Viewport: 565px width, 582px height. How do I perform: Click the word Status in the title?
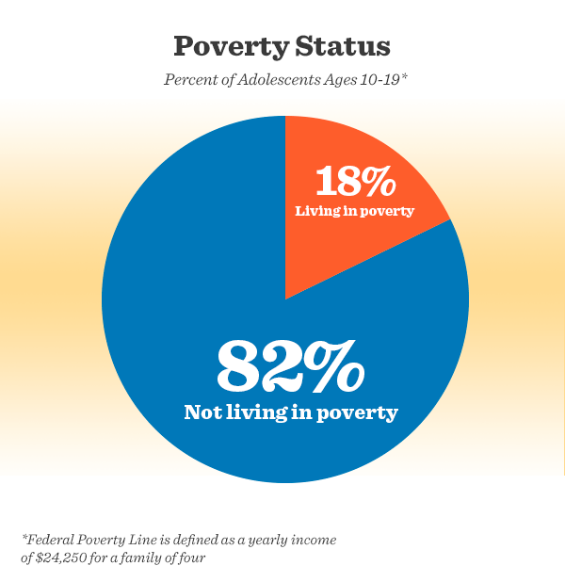[342, 46]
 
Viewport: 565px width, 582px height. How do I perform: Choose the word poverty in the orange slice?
[386, 211]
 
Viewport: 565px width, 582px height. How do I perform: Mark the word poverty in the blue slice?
[360, 413]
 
